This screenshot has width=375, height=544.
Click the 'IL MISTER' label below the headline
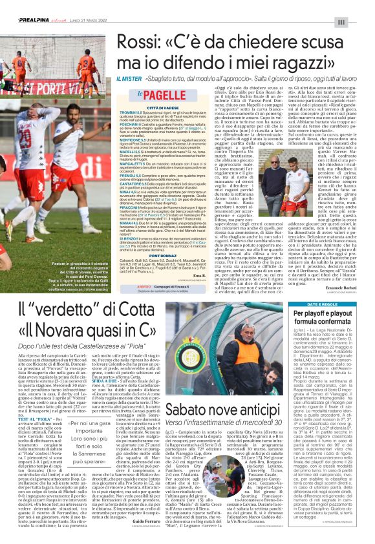pos(128,78)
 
